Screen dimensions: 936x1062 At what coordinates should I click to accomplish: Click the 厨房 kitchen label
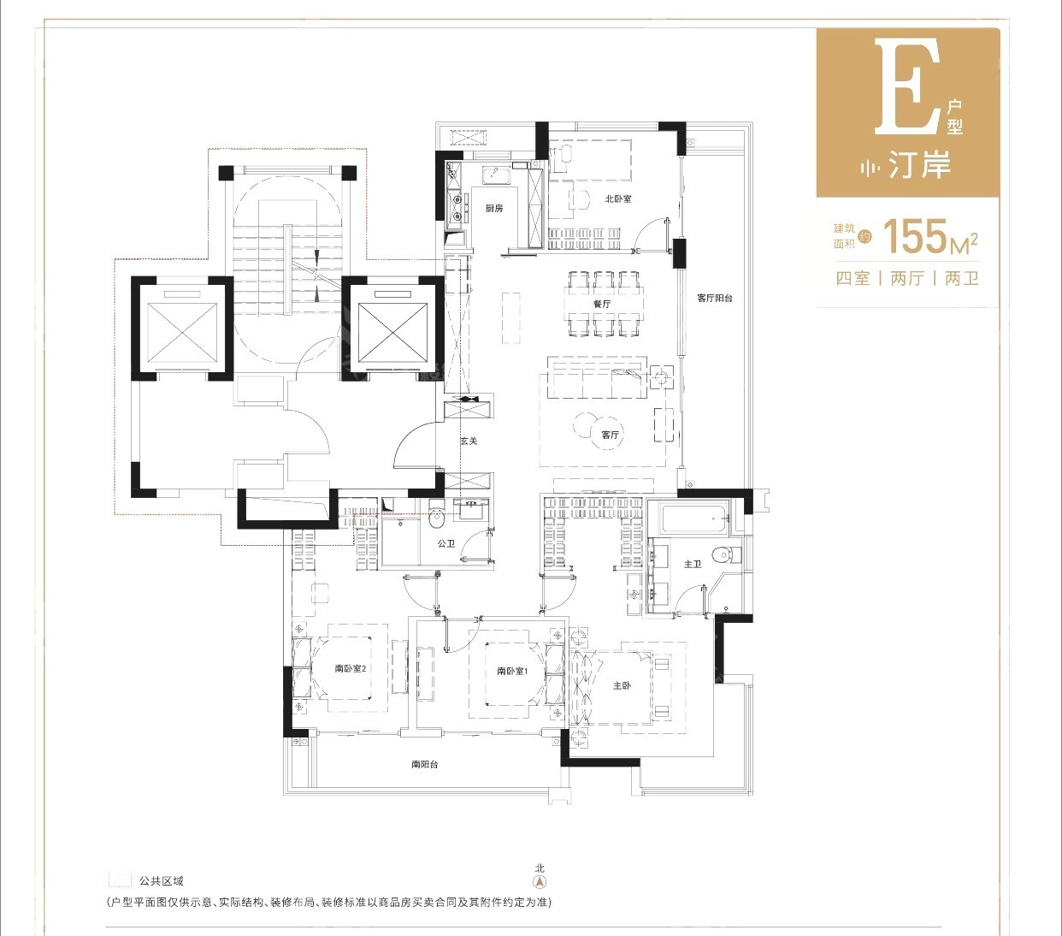494,208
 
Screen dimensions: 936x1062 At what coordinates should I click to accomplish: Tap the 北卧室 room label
617,198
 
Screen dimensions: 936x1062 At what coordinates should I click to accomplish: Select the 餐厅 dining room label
602,304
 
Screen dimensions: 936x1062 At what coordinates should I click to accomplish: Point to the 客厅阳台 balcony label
714,298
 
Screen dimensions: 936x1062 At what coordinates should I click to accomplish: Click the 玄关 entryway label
468,441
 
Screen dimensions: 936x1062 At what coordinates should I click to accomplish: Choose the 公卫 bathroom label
445,543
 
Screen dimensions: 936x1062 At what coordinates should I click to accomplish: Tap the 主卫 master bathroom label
692,564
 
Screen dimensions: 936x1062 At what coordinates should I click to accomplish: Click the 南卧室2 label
350,668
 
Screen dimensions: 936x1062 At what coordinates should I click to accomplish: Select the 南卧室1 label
512,671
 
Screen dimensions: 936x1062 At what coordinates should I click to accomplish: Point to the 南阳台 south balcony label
424,764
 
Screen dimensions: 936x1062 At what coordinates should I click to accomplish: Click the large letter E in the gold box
906,86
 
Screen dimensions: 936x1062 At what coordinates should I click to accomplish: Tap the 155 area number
915,237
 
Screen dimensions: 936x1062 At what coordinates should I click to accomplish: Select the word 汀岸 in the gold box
919,165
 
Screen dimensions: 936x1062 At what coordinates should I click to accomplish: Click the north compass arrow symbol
540,881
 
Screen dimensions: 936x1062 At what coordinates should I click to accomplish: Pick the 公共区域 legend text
161,880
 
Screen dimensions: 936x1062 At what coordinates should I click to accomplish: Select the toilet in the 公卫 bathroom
437,515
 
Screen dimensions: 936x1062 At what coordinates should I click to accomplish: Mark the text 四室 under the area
852,278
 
